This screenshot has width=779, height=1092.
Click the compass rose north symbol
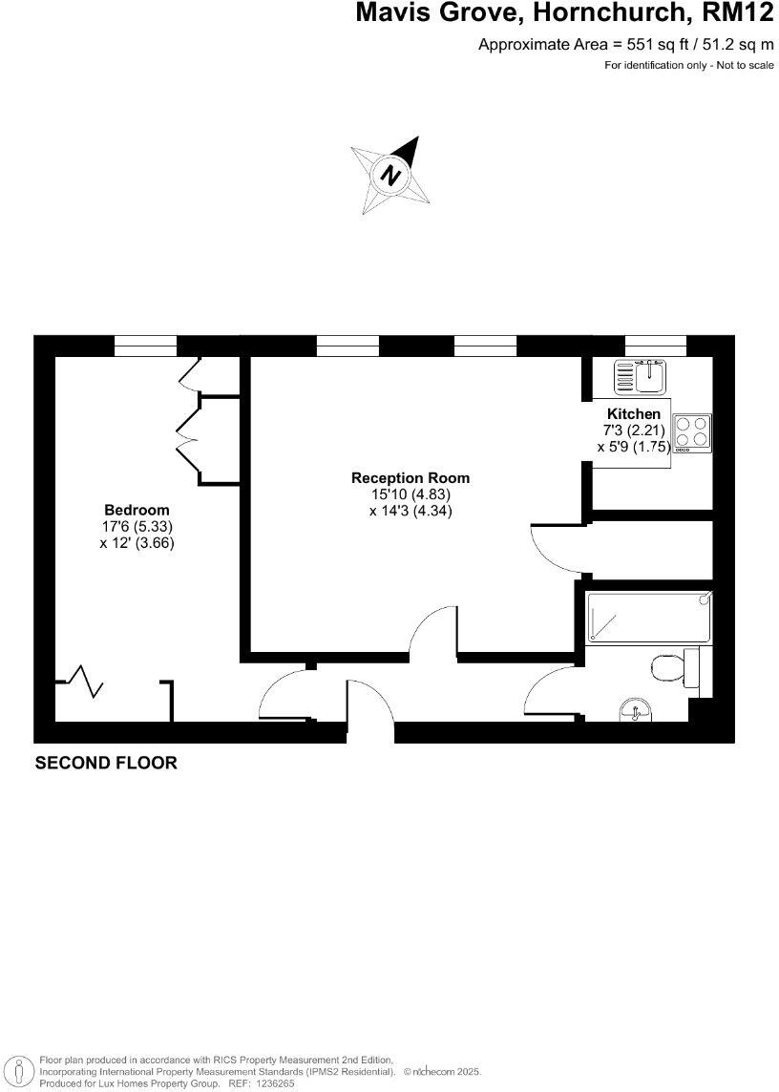point(390,176)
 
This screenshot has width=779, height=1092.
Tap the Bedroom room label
point(137,510)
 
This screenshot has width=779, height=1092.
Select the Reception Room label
point(411,478)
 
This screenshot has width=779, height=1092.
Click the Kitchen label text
point(634,414)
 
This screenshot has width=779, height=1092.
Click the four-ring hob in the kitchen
point(692,431)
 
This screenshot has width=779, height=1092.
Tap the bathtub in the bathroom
point(648,616)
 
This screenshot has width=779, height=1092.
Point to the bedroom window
point(146,346)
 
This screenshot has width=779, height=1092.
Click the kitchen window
point(655,346)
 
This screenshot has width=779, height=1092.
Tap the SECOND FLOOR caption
point(106,763)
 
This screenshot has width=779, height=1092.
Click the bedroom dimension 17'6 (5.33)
point(137,526)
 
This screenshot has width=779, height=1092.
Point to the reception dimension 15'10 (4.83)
point(411,494)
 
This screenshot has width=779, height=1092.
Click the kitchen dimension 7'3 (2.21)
point(634,430)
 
